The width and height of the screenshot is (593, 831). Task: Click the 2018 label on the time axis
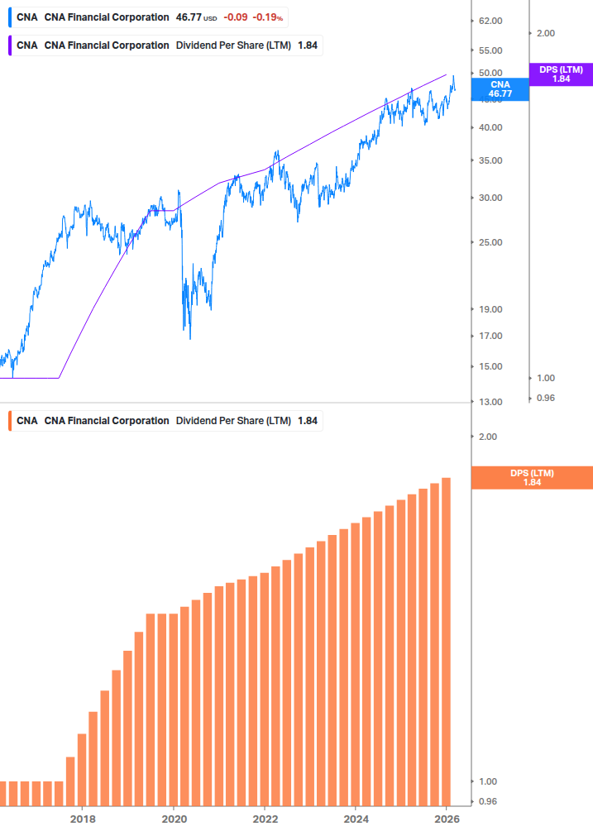pyautogui.click(x=83, y=819)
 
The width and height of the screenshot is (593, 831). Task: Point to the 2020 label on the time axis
pyautogui.click(x=174, y=819)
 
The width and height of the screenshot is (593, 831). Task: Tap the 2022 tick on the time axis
pyautogui.click(x=265, y=819)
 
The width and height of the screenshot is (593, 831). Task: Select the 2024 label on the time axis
pyautogui.click(x=355, y=819)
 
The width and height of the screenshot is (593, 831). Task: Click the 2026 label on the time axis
pyautogui.click(x=446, y=819)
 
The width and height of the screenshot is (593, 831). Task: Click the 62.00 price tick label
pyautogui.click(x=491, y=21)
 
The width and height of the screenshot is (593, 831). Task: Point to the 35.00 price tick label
pyautogui.click(x=491, y=160)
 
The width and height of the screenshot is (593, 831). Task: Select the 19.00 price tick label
pyautogui.click(x=491, y=309)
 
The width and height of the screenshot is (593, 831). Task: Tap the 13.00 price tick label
pyautogui.click(x=491, y=402)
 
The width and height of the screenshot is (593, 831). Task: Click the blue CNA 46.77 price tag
pyautogui.click(x=500, y=89)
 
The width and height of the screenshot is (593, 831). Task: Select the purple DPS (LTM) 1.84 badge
pyautogui.click(x=561, y=74)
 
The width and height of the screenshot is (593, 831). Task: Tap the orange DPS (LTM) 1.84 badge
pyautogui.click(x=531, y=478)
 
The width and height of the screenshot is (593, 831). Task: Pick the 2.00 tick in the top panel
pyautogui.click(x=545, y=33)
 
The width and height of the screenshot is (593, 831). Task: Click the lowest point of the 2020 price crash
pyautogui.click(x=190, y=338)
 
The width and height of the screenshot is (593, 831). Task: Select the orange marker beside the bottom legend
pyautogui.click(x=9, y=421)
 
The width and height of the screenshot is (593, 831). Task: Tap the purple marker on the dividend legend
pyautogui.click(x=9, y=45)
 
